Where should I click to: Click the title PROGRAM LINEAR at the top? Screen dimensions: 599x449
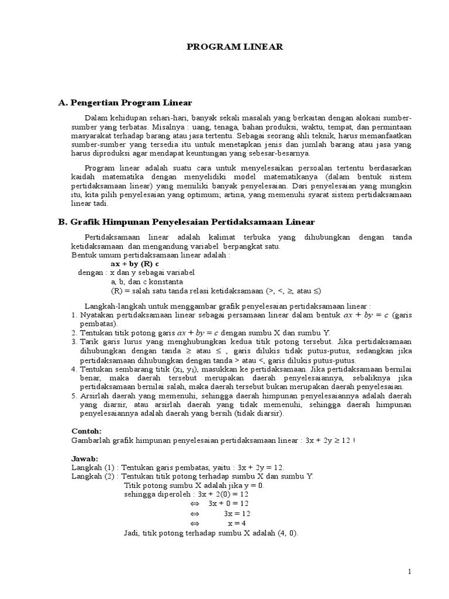point(234,47)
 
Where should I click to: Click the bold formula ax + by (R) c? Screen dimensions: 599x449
point(135,264)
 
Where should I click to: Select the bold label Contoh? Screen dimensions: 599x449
point(86,431)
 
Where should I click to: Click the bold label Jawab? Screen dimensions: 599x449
point(85,458)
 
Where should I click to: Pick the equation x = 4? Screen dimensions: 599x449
point(236,524)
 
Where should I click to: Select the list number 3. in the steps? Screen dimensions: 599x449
point(74,341)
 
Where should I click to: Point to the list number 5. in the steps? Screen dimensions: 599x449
point(74,396)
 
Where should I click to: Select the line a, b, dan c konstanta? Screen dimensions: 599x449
point(147,281)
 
